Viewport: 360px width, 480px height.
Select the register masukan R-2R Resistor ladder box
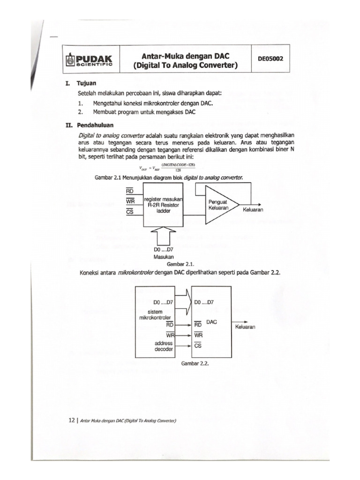click(x=164, y=204)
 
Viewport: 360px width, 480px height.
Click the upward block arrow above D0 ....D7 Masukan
click(x=164, y=236)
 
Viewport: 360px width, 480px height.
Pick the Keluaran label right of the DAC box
click(x=245, y=327)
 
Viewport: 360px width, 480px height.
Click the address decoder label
click(x=163, y=346)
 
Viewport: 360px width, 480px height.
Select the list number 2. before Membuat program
click(x=81, y=112)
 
